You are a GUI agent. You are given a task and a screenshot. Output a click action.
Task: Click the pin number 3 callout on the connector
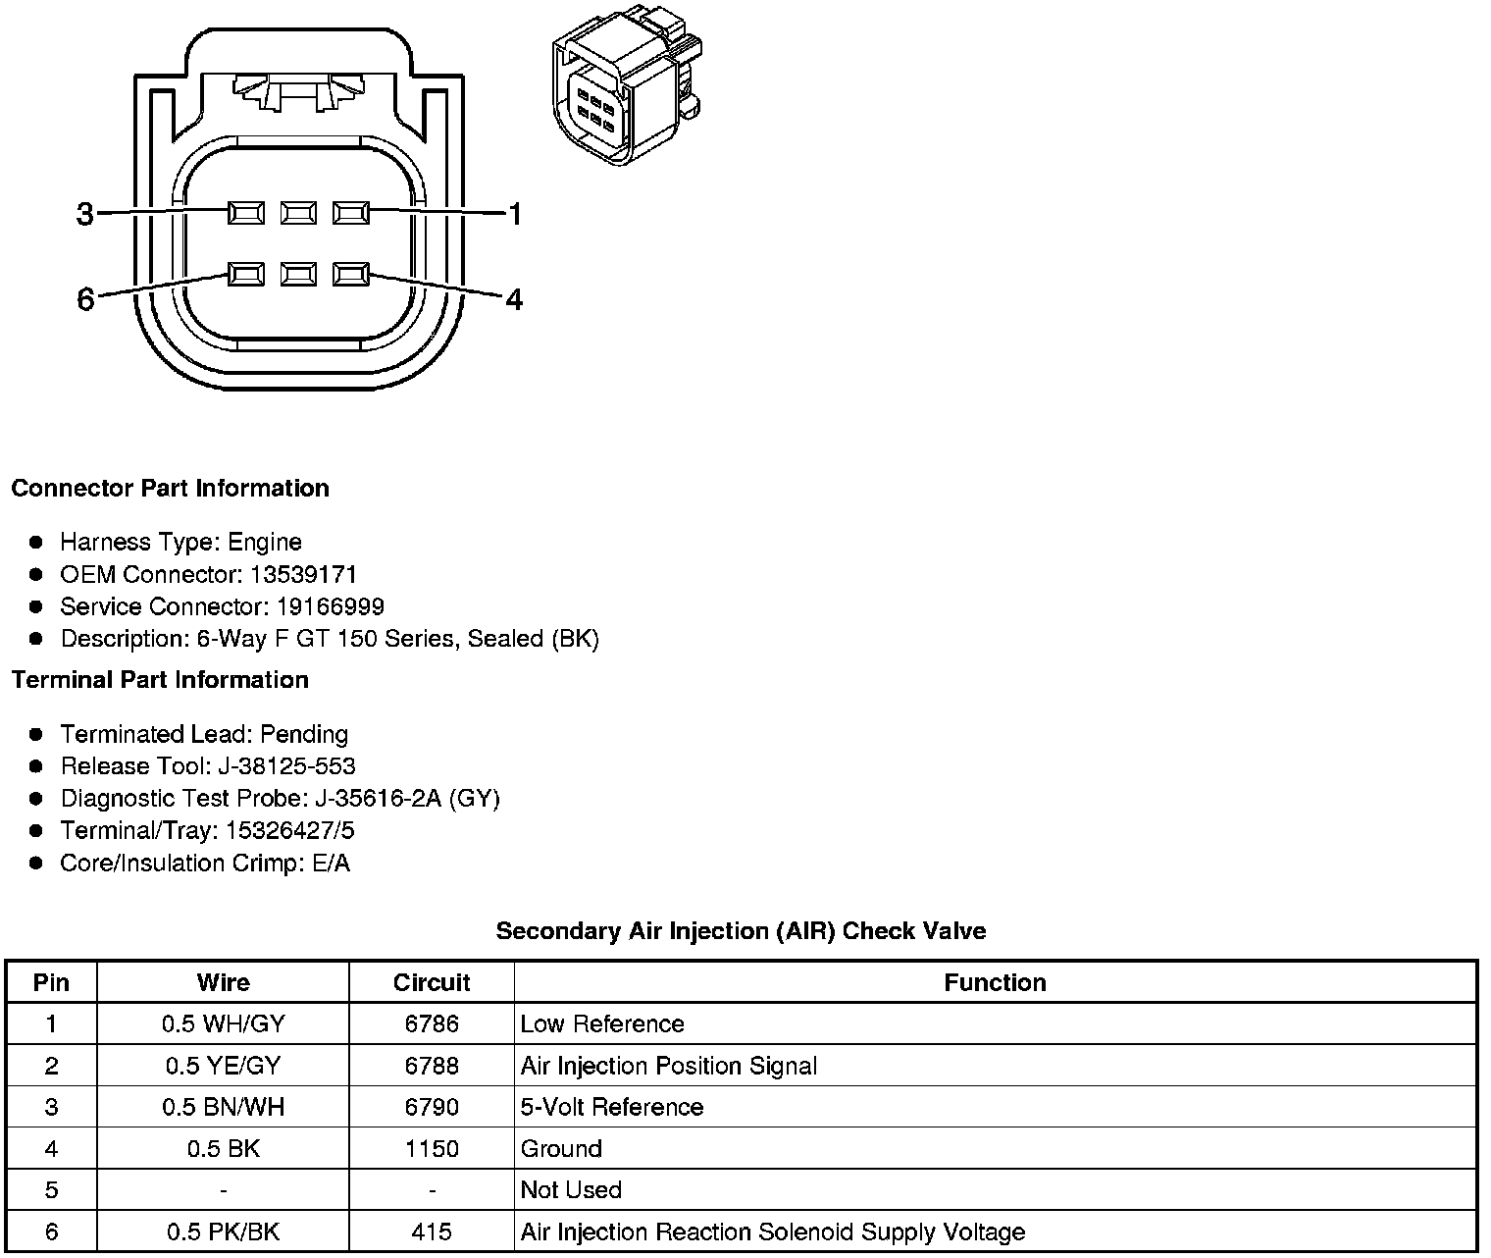pyautogui.click(x=85, y=213)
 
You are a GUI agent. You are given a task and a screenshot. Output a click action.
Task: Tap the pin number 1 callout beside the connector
pyautogui.click(x=515, y=213)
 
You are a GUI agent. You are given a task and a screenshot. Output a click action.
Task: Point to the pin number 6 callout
pyautogui.click(x=85, y=298)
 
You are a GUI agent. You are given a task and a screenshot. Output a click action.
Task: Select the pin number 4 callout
pyautogui.click(x=514, y=298)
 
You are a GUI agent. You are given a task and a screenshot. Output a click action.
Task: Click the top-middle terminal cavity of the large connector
pyautogui.click(x=298, y=212)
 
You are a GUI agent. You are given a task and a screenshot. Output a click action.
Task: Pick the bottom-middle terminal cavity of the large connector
pyautogui.click(x=298, y=274)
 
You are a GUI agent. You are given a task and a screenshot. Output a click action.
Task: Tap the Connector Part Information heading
pyautogui.click(x=170, y=489)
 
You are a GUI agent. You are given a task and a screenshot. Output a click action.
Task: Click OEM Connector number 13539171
pyautogui.click(x=303, y=574)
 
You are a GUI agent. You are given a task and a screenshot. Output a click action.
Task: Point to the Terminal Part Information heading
pyautogui.click(x=160, y=680)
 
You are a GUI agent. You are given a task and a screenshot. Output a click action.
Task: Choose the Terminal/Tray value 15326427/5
pyautogui.click(x=289, y=831)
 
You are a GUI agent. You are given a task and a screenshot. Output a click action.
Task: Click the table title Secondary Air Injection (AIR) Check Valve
pyautogui.click(x=741, y=930)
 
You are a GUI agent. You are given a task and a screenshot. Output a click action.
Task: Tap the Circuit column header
pyautogui.click(x=432, y=982)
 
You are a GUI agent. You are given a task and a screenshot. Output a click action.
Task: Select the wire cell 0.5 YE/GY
pyautogui.click(x=224, y=1066)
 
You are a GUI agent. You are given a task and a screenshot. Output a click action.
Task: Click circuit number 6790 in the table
pyautogui.click(x=432, y=1107)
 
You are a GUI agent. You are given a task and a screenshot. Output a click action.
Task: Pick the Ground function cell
pyautogui.click(x=561, y=1148)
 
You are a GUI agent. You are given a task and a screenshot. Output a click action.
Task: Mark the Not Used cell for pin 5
pyautogui.click(x=571, y=1189)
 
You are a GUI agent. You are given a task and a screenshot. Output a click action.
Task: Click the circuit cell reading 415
pyautogui.click(x=432, y=1232)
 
